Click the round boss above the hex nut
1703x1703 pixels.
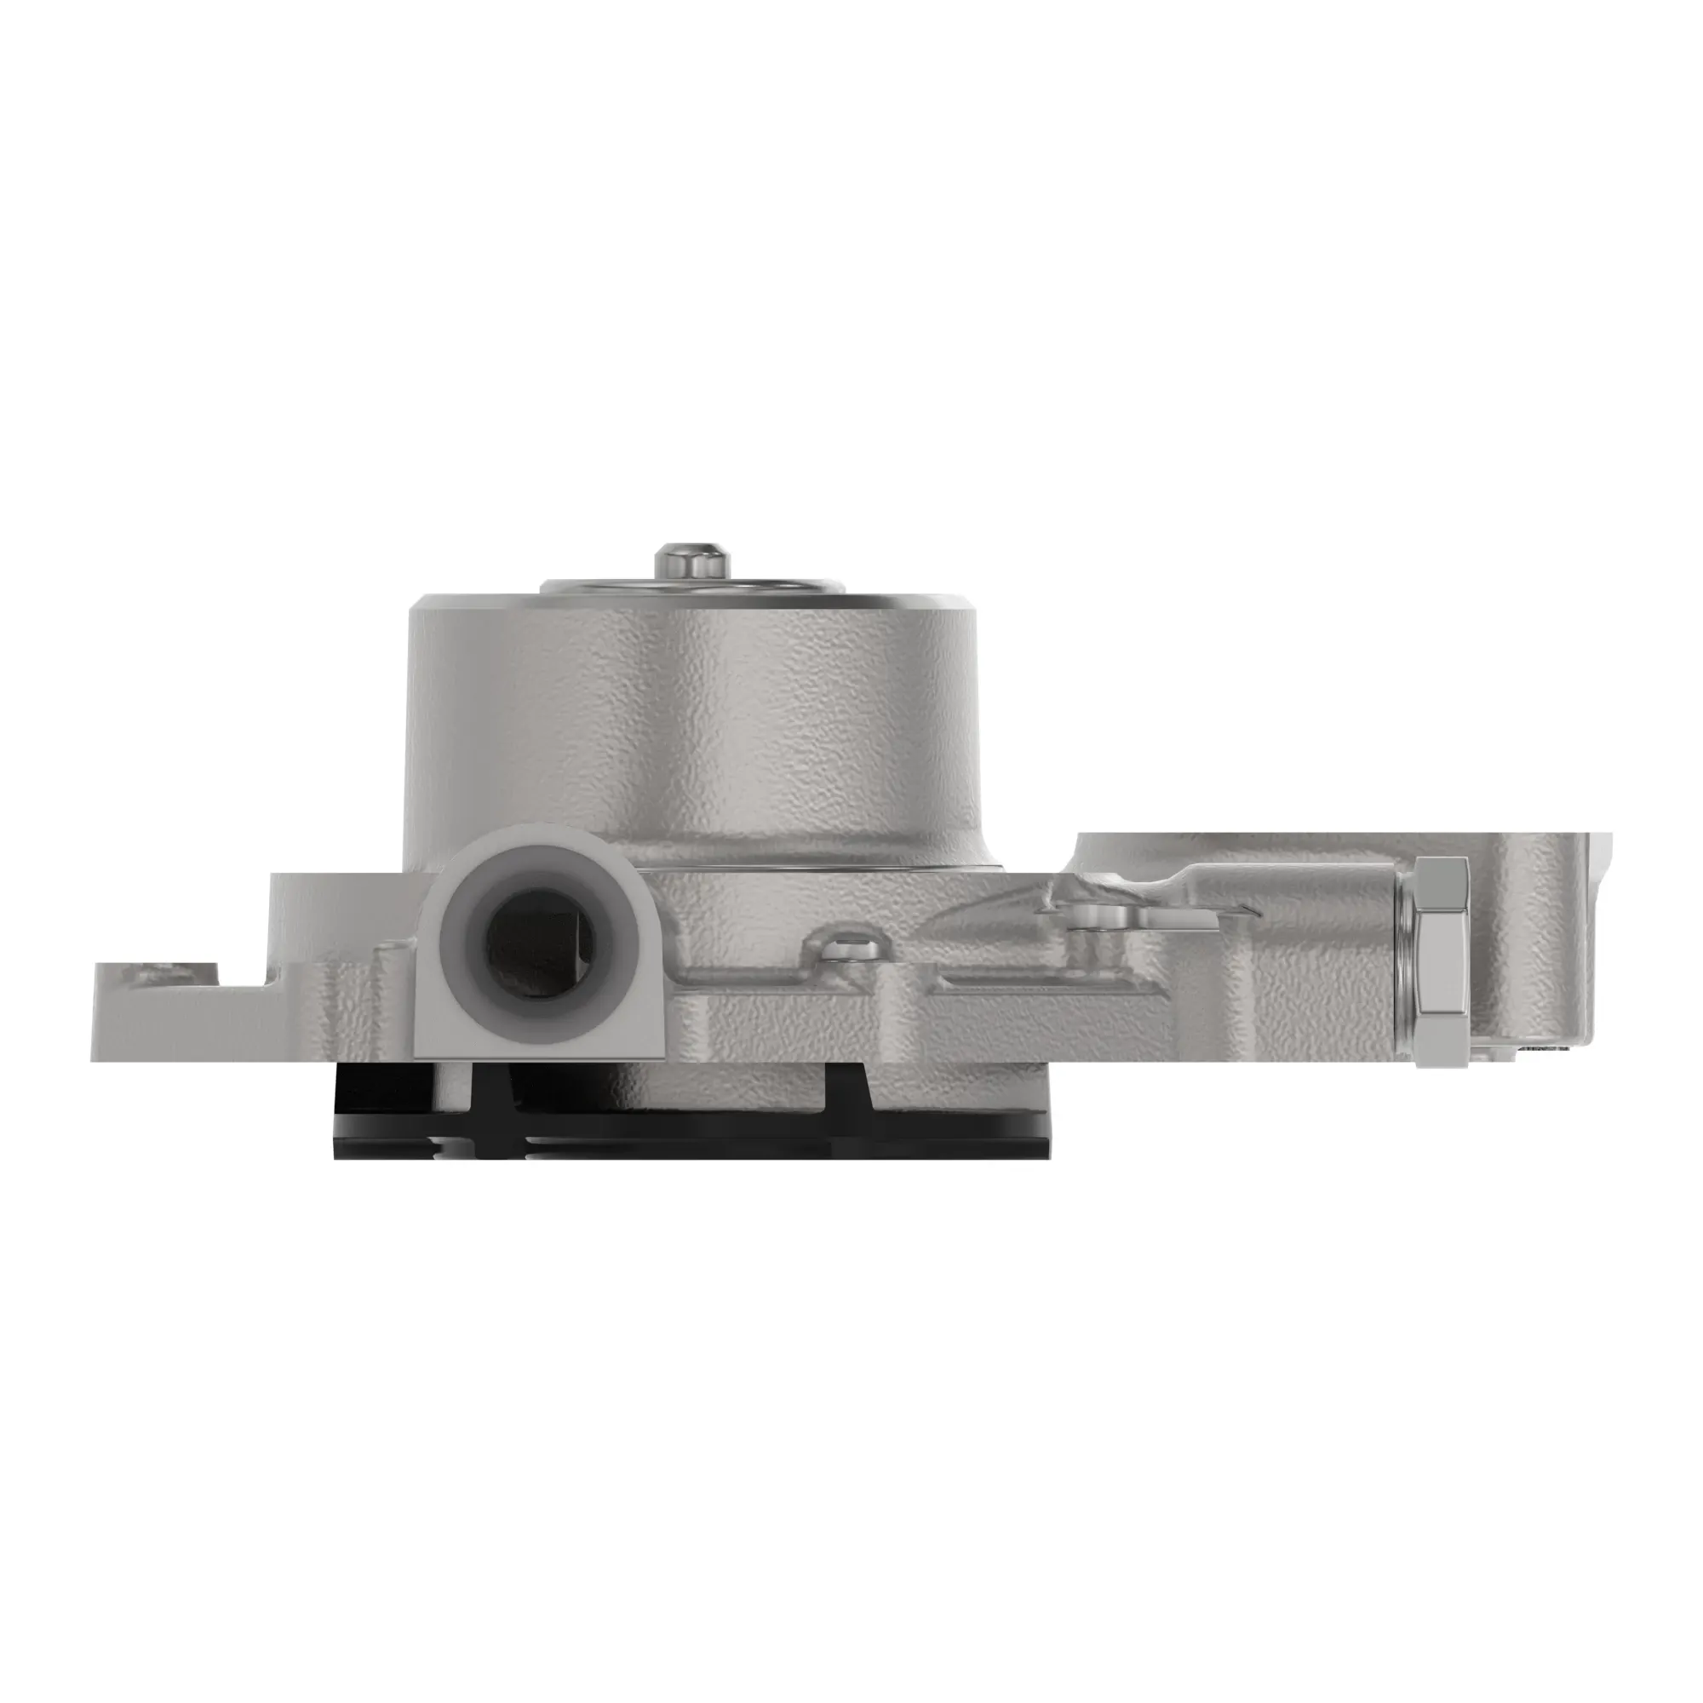(x=1146, y=851)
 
